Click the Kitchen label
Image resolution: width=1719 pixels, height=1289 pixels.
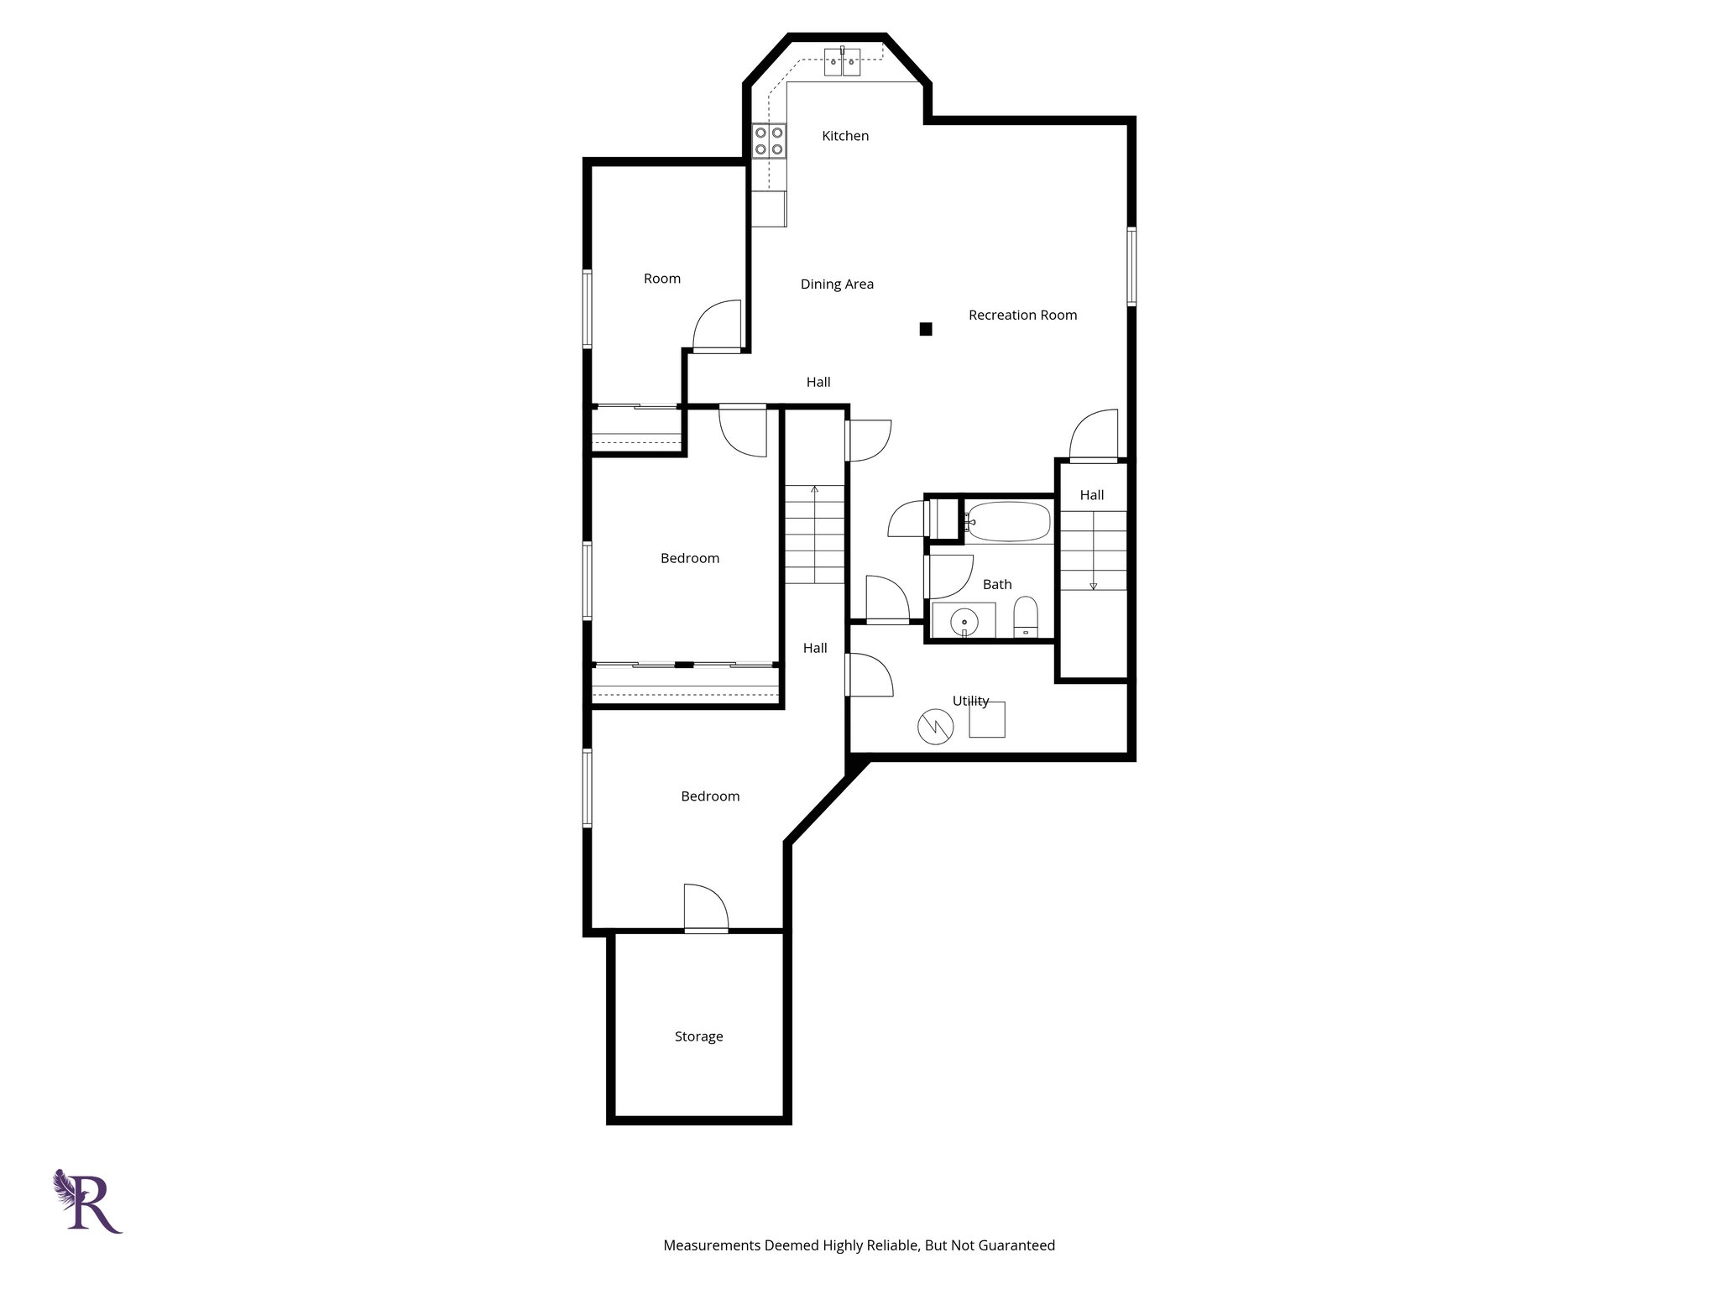[x=844, y=136]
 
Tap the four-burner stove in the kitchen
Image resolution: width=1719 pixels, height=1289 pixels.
[x=769, y=141]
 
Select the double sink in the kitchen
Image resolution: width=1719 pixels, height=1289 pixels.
[x=842, y=61]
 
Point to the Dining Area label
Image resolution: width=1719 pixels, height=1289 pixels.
[x=837, y=284]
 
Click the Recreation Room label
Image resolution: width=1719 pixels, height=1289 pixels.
[x=1022, y=316]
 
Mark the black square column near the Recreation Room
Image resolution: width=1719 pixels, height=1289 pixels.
[x=926, y=329]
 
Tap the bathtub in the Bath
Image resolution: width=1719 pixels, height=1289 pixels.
[x=1007, y=521]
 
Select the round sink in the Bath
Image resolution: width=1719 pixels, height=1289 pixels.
[x=964, y=622]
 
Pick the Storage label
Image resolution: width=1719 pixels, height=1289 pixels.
[x=698, y=1037]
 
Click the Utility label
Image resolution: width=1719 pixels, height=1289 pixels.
[x=970, y=701]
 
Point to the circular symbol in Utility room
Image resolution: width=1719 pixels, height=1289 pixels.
[x=936, y=727]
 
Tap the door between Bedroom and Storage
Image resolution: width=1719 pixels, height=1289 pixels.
[x=706, y=909]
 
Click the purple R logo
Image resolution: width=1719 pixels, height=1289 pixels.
[x=88, y=1202]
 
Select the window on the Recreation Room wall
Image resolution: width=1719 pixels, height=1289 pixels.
[x=1131, y=265]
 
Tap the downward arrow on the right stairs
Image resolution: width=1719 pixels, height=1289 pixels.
[x=1093, y=585]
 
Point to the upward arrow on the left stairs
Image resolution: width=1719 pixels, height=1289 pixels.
[x=814, y=488]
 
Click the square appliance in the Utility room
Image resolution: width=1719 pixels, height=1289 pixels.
[x=987, y=720]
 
